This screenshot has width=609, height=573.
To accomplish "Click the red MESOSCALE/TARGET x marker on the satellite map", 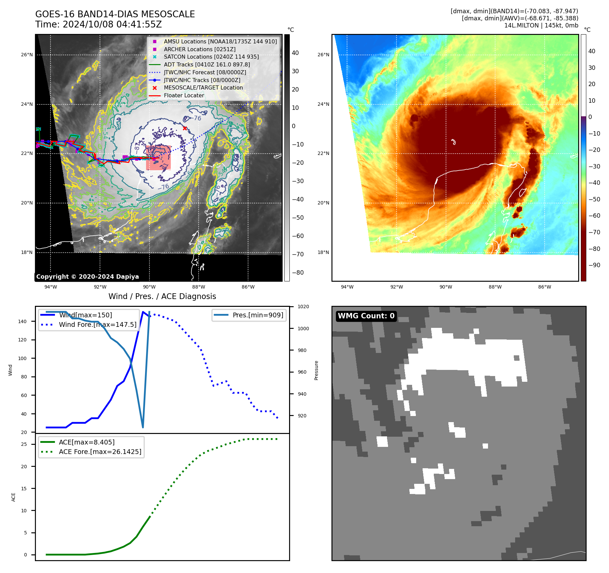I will [x=185, y=128].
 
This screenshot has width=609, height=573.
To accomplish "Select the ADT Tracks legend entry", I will [x=207, y=64].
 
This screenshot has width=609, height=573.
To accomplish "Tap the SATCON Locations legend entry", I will [x=211, y=57].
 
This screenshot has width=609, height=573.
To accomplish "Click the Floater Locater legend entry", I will [x=184, y=95].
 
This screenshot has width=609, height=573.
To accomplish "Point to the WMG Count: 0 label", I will [x=366, y=316].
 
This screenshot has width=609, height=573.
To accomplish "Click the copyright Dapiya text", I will [x=87, y=277].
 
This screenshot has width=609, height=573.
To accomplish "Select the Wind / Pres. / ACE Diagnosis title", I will [x=162, y=296].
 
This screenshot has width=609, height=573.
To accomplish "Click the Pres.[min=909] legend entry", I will [x=258, y=315].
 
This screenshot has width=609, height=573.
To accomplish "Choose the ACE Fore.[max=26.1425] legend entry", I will [x=100, y=452].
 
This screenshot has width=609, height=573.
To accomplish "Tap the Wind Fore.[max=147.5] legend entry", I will [x=98, y=324].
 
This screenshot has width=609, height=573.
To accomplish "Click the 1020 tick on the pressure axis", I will [x=303, y=307].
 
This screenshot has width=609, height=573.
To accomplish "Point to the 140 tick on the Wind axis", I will [x=22, y=321].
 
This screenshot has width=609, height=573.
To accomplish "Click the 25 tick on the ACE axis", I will [x=24, y=444].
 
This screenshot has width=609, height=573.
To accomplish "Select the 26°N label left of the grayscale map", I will [x=27, y=55].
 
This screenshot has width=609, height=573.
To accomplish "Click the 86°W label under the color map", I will [x=544, y=287].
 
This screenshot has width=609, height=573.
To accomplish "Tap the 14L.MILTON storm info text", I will [x=541, y=25].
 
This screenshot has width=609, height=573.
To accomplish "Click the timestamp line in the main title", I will [x=98, y=24].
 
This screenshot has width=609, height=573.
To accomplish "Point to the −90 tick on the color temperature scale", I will [x=594, y=265].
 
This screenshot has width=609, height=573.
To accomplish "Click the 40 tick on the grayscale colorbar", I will [x=295, y=53].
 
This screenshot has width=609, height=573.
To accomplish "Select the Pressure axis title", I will [x=316, y=370].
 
